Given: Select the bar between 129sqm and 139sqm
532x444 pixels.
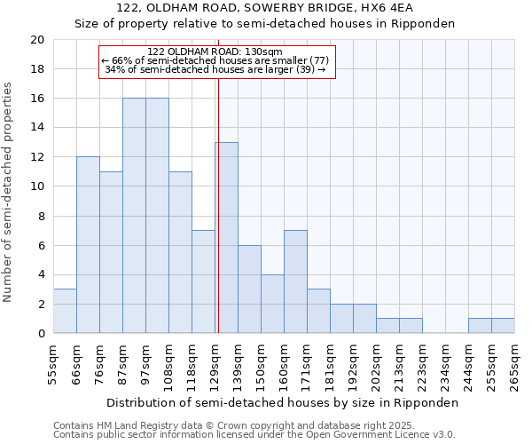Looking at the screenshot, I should coord(226,238).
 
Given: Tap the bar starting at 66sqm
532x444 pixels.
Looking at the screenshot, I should coord(88,245).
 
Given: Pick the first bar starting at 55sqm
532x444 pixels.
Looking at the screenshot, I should coord(65,311).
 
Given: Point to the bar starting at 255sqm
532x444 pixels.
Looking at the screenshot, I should coord(503,326).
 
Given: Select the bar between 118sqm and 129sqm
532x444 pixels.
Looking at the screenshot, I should coord(203,281).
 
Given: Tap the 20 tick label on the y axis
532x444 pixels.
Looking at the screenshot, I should coord(36,40).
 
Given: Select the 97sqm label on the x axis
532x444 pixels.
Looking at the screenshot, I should coord(145,364).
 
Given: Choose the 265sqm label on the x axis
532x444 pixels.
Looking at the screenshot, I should coord(514,364).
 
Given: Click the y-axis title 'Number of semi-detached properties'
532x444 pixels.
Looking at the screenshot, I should coord(9,192).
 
